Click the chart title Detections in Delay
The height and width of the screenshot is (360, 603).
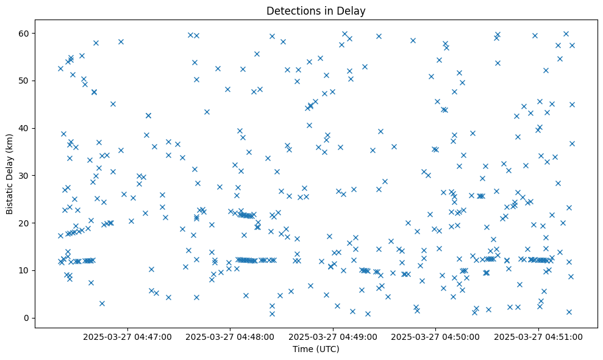pos(316,10)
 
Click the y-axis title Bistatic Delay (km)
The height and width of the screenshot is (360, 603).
pos(10,174)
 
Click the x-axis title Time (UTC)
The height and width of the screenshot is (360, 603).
pos(316,350)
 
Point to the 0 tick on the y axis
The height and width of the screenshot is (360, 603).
pos(26,318)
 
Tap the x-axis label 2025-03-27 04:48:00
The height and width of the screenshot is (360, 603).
pos(231,336)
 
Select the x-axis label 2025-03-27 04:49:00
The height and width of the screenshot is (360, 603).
pos(334,336)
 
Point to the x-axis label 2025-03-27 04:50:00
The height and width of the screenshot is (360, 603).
pos(436,336)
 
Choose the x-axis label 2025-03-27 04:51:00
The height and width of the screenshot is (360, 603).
pos(538,336)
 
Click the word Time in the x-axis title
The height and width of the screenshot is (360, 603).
pos(303,350)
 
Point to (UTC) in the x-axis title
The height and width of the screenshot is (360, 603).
pos(327,350)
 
